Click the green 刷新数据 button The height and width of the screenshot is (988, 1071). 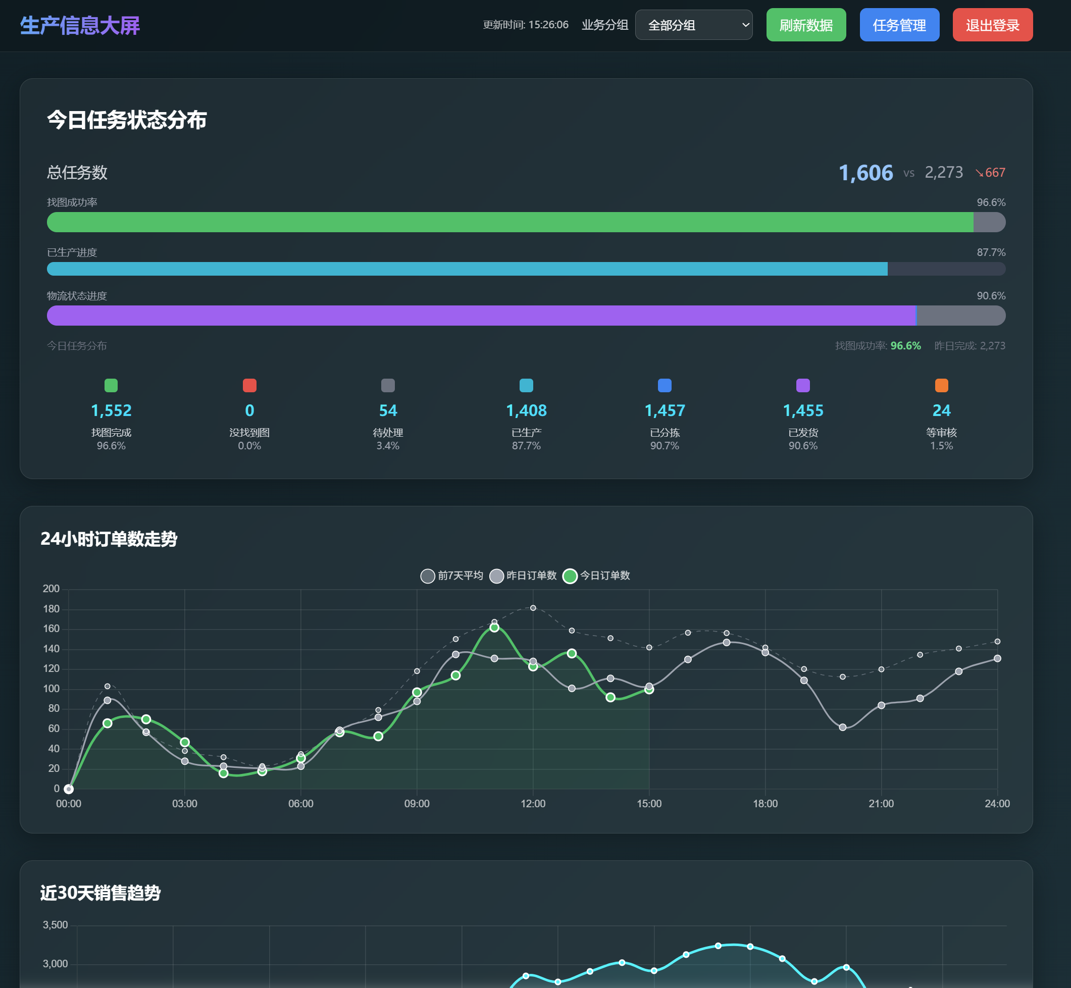tap(806, 25)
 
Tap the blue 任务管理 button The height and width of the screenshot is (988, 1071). tap(899, 25)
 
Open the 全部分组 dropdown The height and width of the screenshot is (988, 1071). tap(693, 25)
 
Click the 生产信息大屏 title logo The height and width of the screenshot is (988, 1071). tap(80, 25)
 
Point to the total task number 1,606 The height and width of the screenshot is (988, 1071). tap(865, 173)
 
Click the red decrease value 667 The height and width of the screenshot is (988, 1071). tap(995, 173)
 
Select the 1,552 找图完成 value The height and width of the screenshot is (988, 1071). tap(111, 410)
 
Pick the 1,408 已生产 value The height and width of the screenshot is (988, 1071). tap(526, 410)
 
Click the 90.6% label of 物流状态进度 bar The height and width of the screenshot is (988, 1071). tap(991, 296)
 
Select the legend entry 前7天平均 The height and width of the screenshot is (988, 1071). tap(452, 575)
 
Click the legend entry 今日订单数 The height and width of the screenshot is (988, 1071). tap(596, 575)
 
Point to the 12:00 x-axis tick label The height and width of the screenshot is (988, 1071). tap(533, 803)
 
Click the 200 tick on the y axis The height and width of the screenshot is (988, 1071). tap(52, 589)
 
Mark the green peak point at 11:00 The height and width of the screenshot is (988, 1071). tap(494, 627)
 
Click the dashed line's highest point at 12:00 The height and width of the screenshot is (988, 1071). tap(533, 608)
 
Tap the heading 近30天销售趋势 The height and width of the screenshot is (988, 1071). tap(100, 893)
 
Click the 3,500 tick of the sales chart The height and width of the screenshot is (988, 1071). tap(55, 925)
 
